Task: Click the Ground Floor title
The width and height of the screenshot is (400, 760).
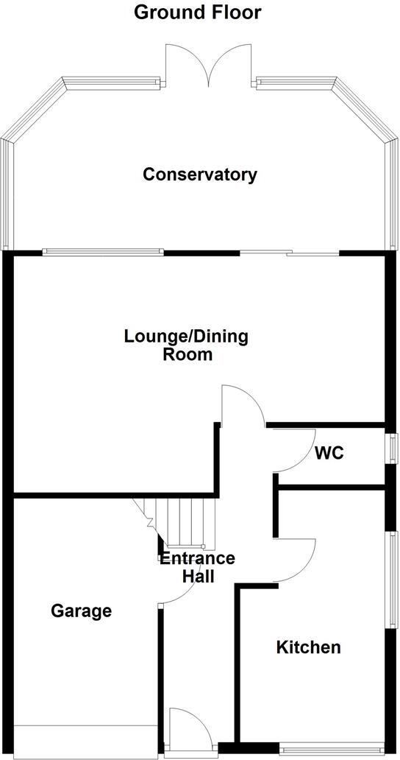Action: (x=197, y=13)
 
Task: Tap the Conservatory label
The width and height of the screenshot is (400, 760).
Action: (x=200, y=175)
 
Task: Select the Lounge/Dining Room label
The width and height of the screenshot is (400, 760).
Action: (x=186, y=345)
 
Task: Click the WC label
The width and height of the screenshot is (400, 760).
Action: (x=329, y=453)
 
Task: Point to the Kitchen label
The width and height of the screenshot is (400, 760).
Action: (x=308, y=647)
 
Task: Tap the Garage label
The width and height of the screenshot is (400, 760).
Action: (x=81, y=611)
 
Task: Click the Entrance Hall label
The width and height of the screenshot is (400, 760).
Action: (x=198, y=566)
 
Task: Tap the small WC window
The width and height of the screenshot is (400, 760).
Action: (x=393, y=448)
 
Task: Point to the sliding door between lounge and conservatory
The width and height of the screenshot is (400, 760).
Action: (x=290, y=254)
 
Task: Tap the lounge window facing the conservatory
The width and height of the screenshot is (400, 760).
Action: (x=103, y=252)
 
